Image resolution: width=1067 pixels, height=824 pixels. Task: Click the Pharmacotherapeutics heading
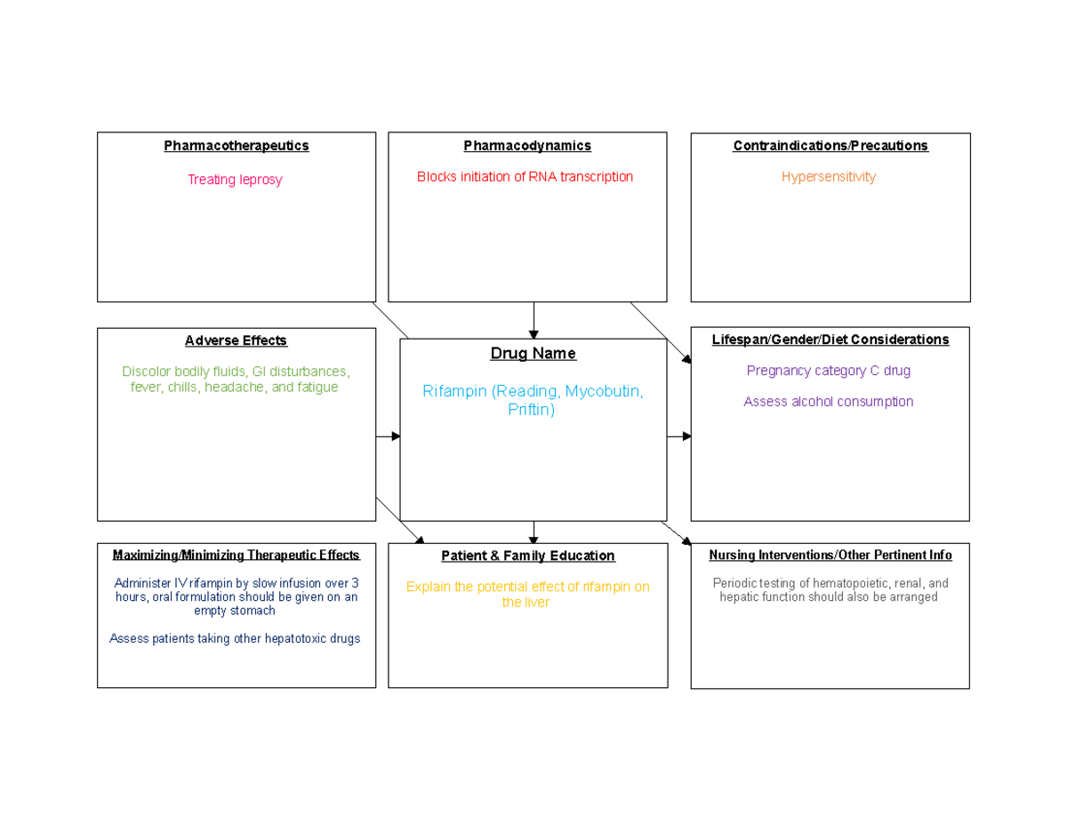237,146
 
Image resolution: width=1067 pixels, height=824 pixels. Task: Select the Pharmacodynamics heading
527,146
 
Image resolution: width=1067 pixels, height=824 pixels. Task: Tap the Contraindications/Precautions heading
830,146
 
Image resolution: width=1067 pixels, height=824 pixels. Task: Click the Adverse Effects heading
236,340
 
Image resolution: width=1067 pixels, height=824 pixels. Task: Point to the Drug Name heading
533,354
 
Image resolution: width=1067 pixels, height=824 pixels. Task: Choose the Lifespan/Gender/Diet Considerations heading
830,340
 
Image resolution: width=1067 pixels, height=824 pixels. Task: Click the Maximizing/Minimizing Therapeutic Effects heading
237,555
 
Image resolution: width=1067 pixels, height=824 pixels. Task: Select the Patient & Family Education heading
528,556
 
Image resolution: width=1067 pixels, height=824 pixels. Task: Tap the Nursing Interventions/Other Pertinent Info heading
830,555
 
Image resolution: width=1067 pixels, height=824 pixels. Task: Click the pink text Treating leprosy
235,180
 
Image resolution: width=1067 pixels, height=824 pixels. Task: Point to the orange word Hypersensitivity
829,177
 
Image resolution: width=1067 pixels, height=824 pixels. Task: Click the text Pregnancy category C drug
829,371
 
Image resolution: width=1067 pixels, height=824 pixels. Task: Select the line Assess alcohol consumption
829,402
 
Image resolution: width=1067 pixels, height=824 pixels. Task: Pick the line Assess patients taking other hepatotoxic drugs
235,638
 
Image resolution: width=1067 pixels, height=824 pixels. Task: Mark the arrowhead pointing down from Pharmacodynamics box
533,335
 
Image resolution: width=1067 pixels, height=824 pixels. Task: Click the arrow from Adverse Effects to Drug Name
388,436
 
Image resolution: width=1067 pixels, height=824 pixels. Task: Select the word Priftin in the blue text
532,409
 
